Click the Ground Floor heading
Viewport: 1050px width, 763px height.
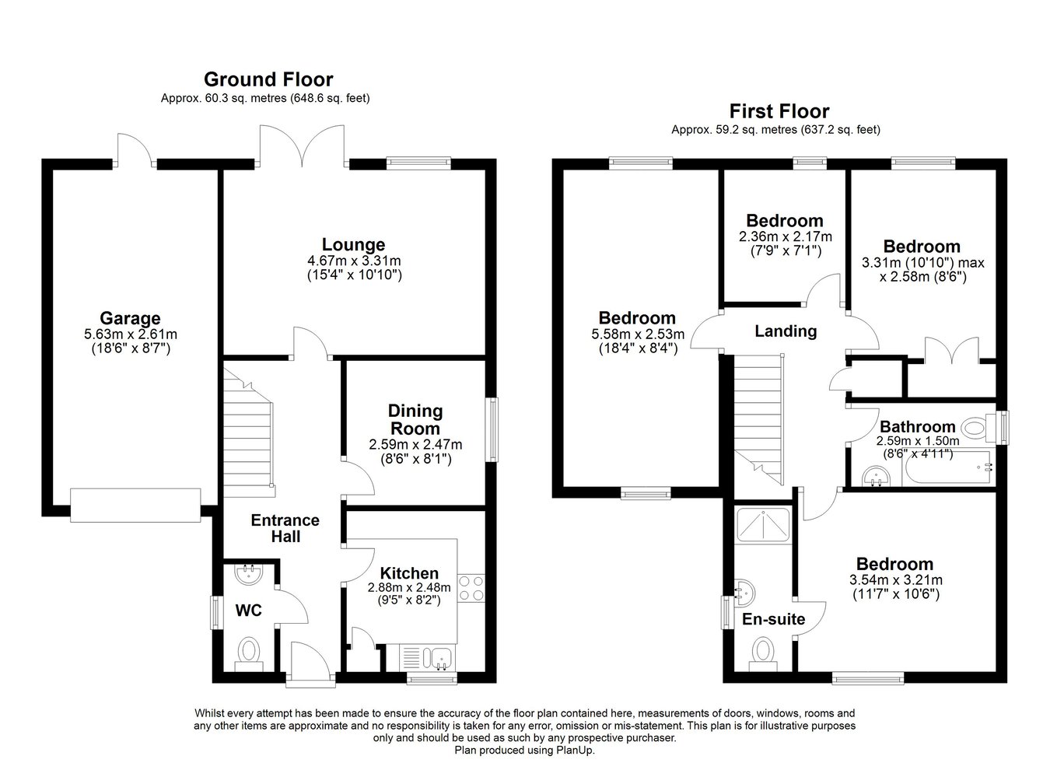point(268,79)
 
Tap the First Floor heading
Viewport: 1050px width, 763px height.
point(779,111)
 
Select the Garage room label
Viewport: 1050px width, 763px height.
point(131,318)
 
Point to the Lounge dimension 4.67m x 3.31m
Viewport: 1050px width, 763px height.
point(354,261)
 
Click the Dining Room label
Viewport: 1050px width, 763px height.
point(415,419)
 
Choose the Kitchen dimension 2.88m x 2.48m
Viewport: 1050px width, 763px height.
point(409,587)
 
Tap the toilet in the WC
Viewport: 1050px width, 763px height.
point(250,653)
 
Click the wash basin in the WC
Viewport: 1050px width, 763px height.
point(250,575)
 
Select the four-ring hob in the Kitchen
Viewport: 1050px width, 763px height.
point(471,588)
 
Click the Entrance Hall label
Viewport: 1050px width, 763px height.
point(285,528)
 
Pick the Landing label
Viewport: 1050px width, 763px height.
point(786,331)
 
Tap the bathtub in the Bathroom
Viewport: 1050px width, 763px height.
point(947,467)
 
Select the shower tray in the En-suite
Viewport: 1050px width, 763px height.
point(763,525)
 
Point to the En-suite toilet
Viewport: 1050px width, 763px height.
point(763,654)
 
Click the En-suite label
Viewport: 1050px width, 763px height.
point(773,619)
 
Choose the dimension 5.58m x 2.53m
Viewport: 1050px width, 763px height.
point(638,334)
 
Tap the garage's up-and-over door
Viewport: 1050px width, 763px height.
point(135,506)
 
